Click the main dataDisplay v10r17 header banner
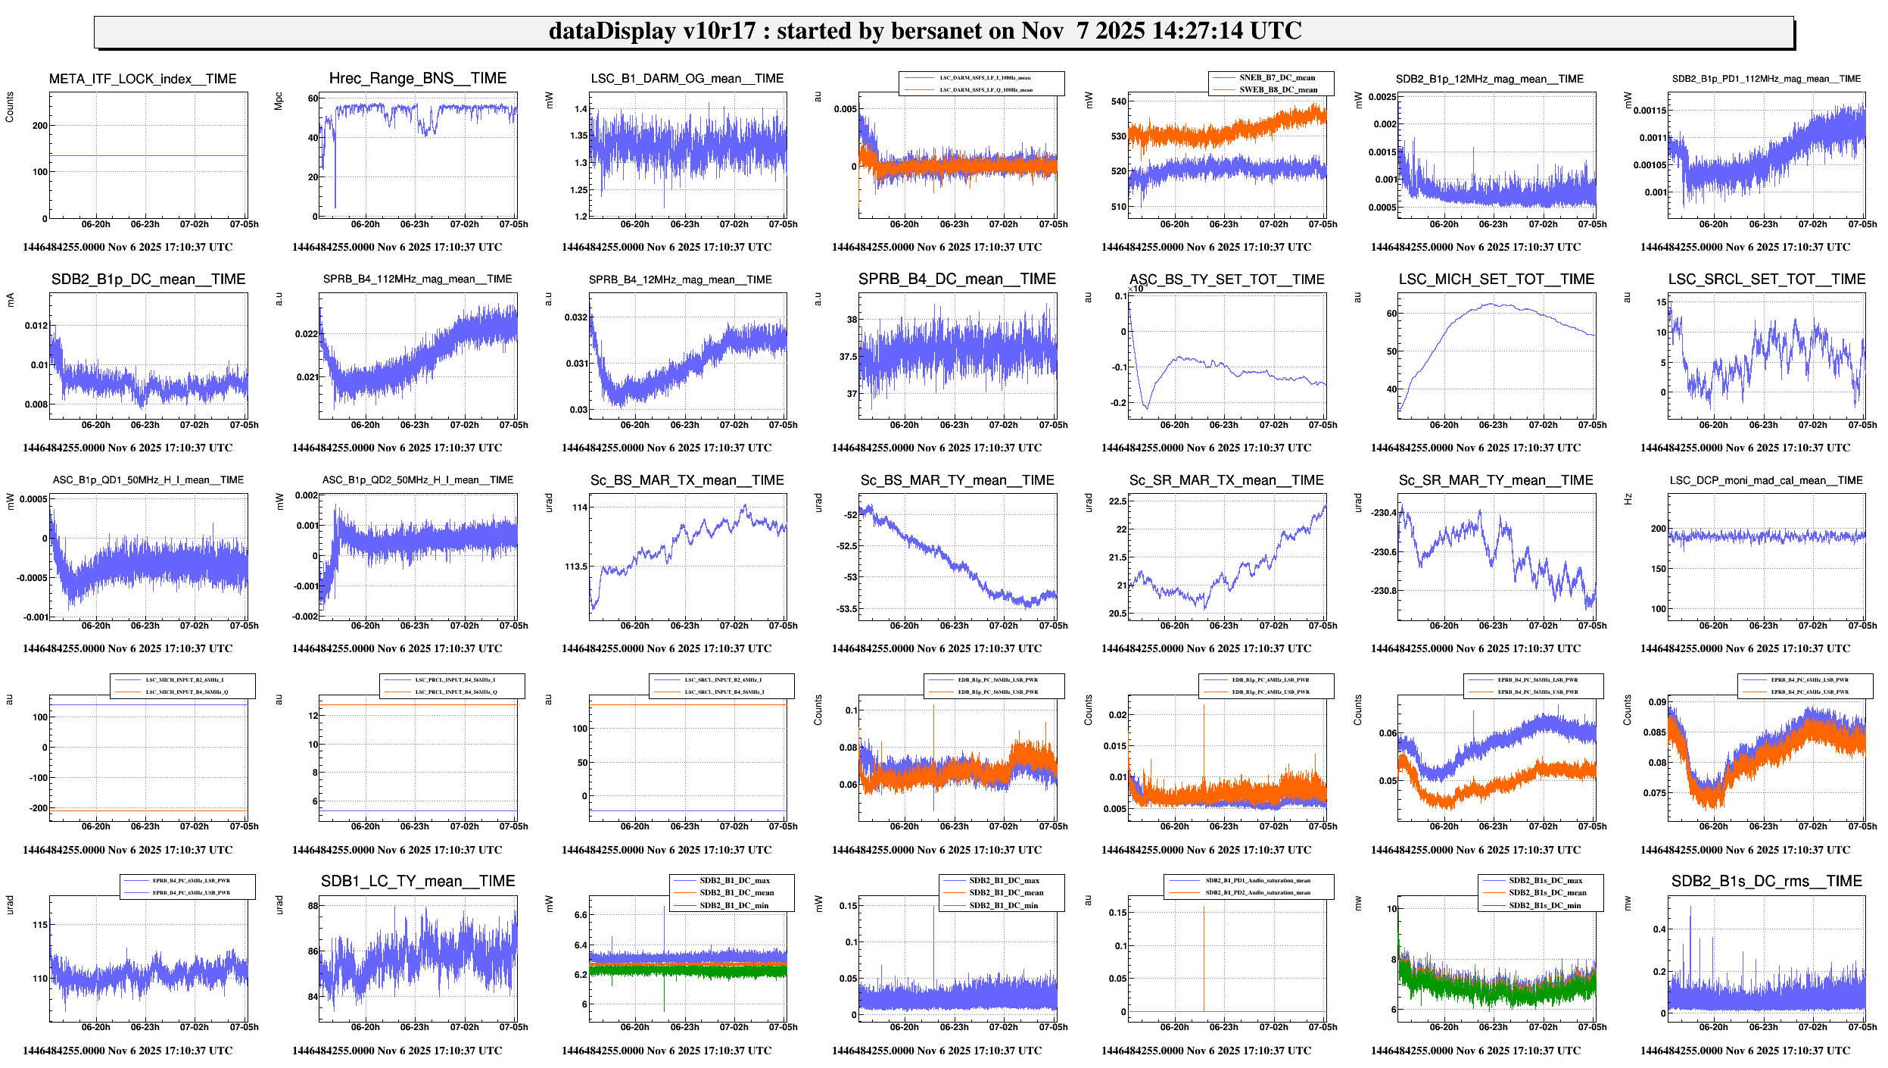coord(943,32)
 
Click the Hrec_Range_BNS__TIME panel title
coord(418,79)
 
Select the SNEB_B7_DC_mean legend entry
coord(1276,78)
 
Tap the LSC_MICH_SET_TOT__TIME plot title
coord(1496,279)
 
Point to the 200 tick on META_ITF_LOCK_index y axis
coord(40,126)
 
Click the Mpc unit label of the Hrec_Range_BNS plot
coord(279,101)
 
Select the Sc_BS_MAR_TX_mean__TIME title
coord(687,480)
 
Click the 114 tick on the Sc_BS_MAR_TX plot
coord(579,507)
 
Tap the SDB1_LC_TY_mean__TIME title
coord(418,882)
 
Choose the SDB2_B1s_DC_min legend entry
coord(1544,906)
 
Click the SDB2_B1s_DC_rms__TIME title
coord(1766,882)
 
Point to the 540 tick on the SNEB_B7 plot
coord(1118,101)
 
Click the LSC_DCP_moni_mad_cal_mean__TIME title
coord(1766,480)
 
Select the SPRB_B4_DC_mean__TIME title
coord(957,279)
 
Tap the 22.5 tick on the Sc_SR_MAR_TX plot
coord(1117,501)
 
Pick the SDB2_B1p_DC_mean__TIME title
coord(148,279)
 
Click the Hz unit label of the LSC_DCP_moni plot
coord(1627,499)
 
